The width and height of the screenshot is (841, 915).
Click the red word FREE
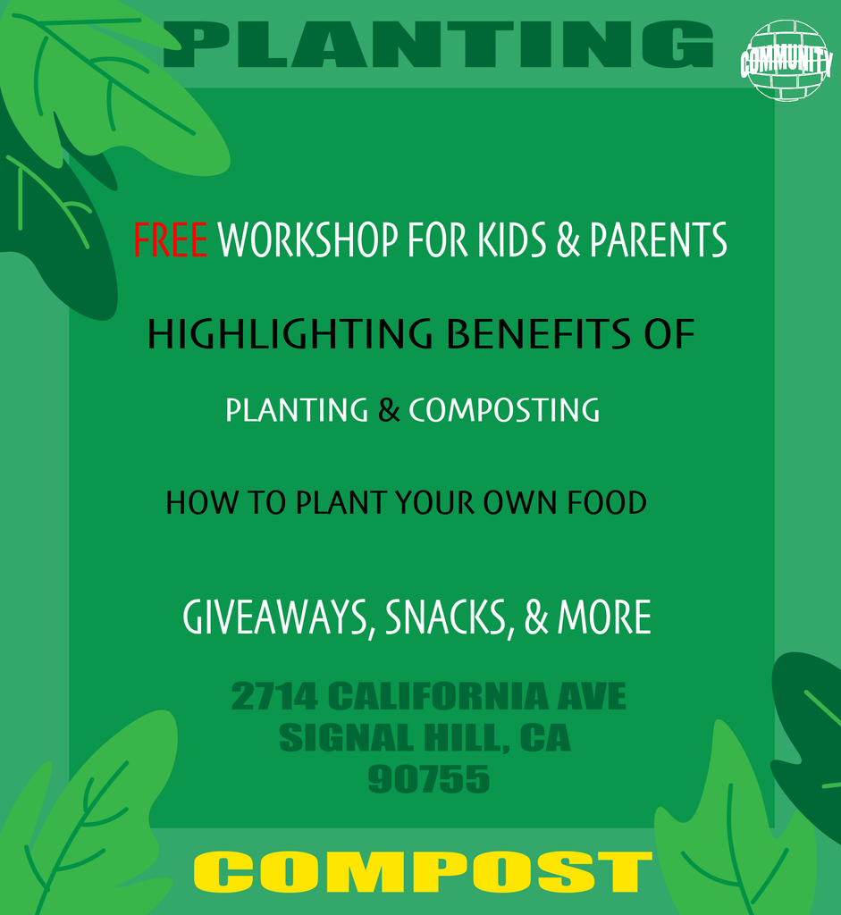pyautogui.click(x=170, y=239)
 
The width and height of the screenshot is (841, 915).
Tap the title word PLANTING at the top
pyautogui.click(x=438, y=45)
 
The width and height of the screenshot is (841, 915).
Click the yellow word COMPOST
pyautogui.click(x=423, y=871)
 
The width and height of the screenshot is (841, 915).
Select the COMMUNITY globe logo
pyautogui.click(x=786, y=60)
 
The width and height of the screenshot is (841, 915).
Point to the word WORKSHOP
pyautogui.click(x=308, y=239)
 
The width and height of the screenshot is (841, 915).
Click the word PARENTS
pyautogui.click(x=659, y=239)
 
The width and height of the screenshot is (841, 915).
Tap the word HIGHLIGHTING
pyautogui.click(x=290, y=334)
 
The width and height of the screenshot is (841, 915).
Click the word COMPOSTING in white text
pyautogui.click(x=504, y=409)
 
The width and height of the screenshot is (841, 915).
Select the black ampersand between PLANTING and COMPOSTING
pyautogui.click(x=389, y=409)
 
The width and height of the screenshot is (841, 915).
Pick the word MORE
pyautogui.click(x=604, y=617)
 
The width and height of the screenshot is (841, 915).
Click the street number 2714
pyautogui.click(x=274, y=696)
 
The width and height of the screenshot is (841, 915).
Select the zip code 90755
pyautogui.click(x=428, y=779)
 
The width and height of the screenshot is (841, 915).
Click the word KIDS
pyautogui.click(x=512, y=239)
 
